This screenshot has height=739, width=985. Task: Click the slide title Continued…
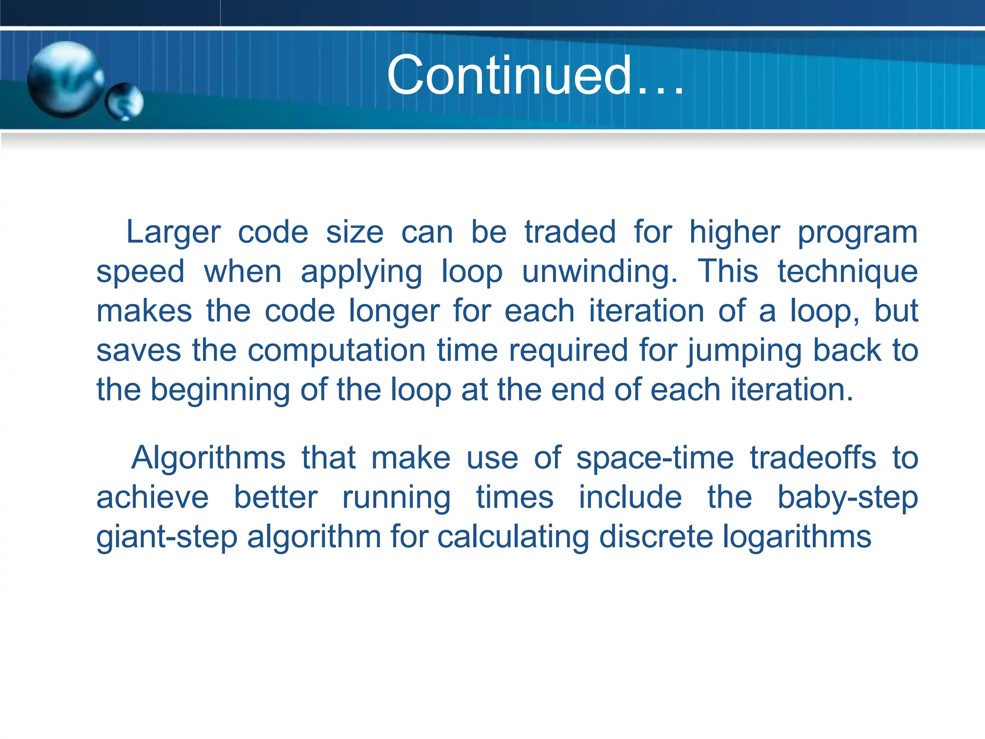pyautogui.click(x=535, y=76)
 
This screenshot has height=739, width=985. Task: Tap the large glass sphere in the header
pyautogui.click(x=65, y=79)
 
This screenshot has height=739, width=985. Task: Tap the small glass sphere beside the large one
pyautogui.click(x=125, y=102)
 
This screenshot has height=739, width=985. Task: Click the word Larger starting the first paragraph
pyautogui.click(x=173, y=233)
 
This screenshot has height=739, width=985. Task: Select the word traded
pyautogui.click(x=569, y=232)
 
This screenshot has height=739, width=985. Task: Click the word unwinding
pyautogui.click(x=599, y=272)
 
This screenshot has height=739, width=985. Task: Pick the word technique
pyautogui.click(x=847, y=272)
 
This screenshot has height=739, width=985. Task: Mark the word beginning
pyautogui.click(x=220, y=390)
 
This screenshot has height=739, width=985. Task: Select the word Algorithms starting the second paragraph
pyautogui.click(x=208, y=458)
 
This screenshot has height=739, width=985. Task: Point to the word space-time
pyautogui.click(x=655, y=459)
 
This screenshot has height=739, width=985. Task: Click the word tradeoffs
pyautogui.click(x=813, y=458)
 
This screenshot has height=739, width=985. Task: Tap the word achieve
pyautogui.click(x=152, y=497)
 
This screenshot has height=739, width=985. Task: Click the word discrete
pyautogui.click(x=656, y=537)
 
